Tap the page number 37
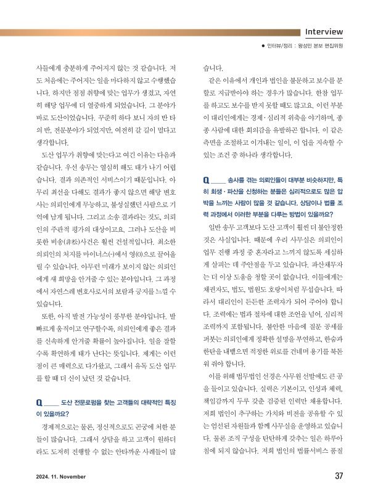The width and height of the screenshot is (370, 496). pos(339,476)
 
